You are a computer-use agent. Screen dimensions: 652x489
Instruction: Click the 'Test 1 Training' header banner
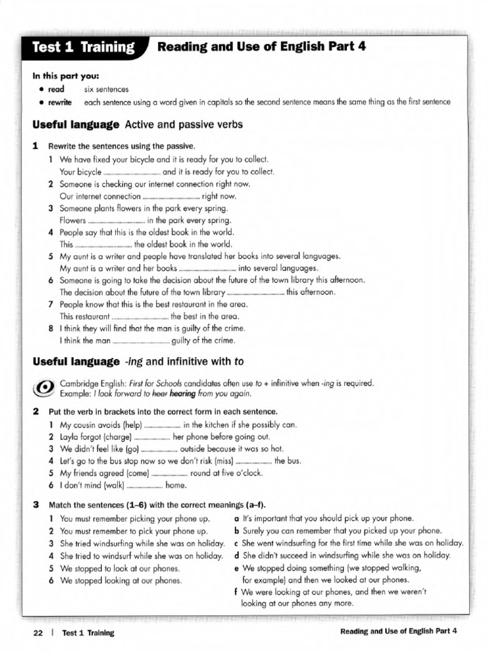click(83, 47)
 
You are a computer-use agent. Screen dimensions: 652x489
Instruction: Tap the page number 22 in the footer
click(38, 632)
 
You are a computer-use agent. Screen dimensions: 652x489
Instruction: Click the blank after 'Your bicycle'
click(131, 172)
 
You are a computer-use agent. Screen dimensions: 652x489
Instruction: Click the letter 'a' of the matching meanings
click(237, 518)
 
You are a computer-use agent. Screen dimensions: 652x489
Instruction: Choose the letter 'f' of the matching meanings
click(237, 592)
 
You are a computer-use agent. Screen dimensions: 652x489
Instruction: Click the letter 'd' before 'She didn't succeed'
click(237, 555)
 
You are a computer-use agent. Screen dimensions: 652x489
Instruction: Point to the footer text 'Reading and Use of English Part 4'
click(399, 632)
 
